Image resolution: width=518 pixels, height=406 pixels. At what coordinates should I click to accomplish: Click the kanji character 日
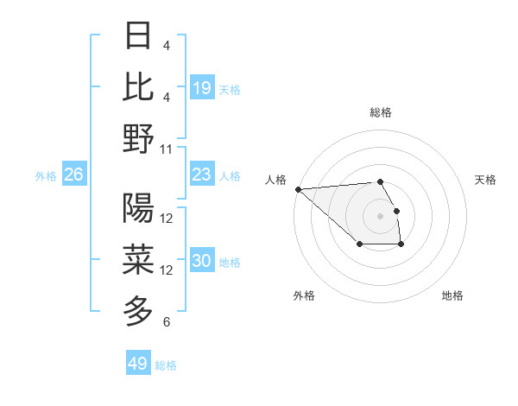click(138, 36)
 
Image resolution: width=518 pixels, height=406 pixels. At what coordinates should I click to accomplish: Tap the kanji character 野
click(138, 138)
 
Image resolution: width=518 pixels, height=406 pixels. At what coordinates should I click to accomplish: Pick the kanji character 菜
click(138, 259)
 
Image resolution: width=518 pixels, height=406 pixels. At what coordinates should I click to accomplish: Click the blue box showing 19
click(202, 87)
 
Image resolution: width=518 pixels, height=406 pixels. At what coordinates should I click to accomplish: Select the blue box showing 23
click(202, 174)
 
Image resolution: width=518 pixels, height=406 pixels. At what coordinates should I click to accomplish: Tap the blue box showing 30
click(202, 262)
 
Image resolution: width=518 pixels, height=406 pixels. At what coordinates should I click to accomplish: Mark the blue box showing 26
click(74, 174)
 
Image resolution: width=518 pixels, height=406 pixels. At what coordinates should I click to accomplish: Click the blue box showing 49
click(138, 364)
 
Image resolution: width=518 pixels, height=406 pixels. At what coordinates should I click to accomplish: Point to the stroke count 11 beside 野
click(167, 149)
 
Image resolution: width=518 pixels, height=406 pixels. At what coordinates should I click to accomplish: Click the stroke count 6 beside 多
click(167, 322)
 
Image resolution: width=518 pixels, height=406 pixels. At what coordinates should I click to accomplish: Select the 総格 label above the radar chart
click(381, 112)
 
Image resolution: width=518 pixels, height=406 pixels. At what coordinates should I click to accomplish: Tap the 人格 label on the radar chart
click(275, 180)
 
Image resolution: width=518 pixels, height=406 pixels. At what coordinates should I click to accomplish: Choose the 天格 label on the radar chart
click(485, 180)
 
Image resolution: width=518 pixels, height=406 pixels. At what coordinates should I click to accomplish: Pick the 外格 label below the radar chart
click(304, 295)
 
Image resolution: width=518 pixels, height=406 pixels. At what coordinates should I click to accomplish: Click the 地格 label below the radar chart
click(452, 295)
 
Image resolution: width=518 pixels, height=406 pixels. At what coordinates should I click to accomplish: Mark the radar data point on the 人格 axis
click(298, 188)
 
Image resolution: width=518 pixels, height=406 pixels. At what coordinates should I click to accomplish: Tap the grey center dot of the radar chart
click(380, 215)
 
